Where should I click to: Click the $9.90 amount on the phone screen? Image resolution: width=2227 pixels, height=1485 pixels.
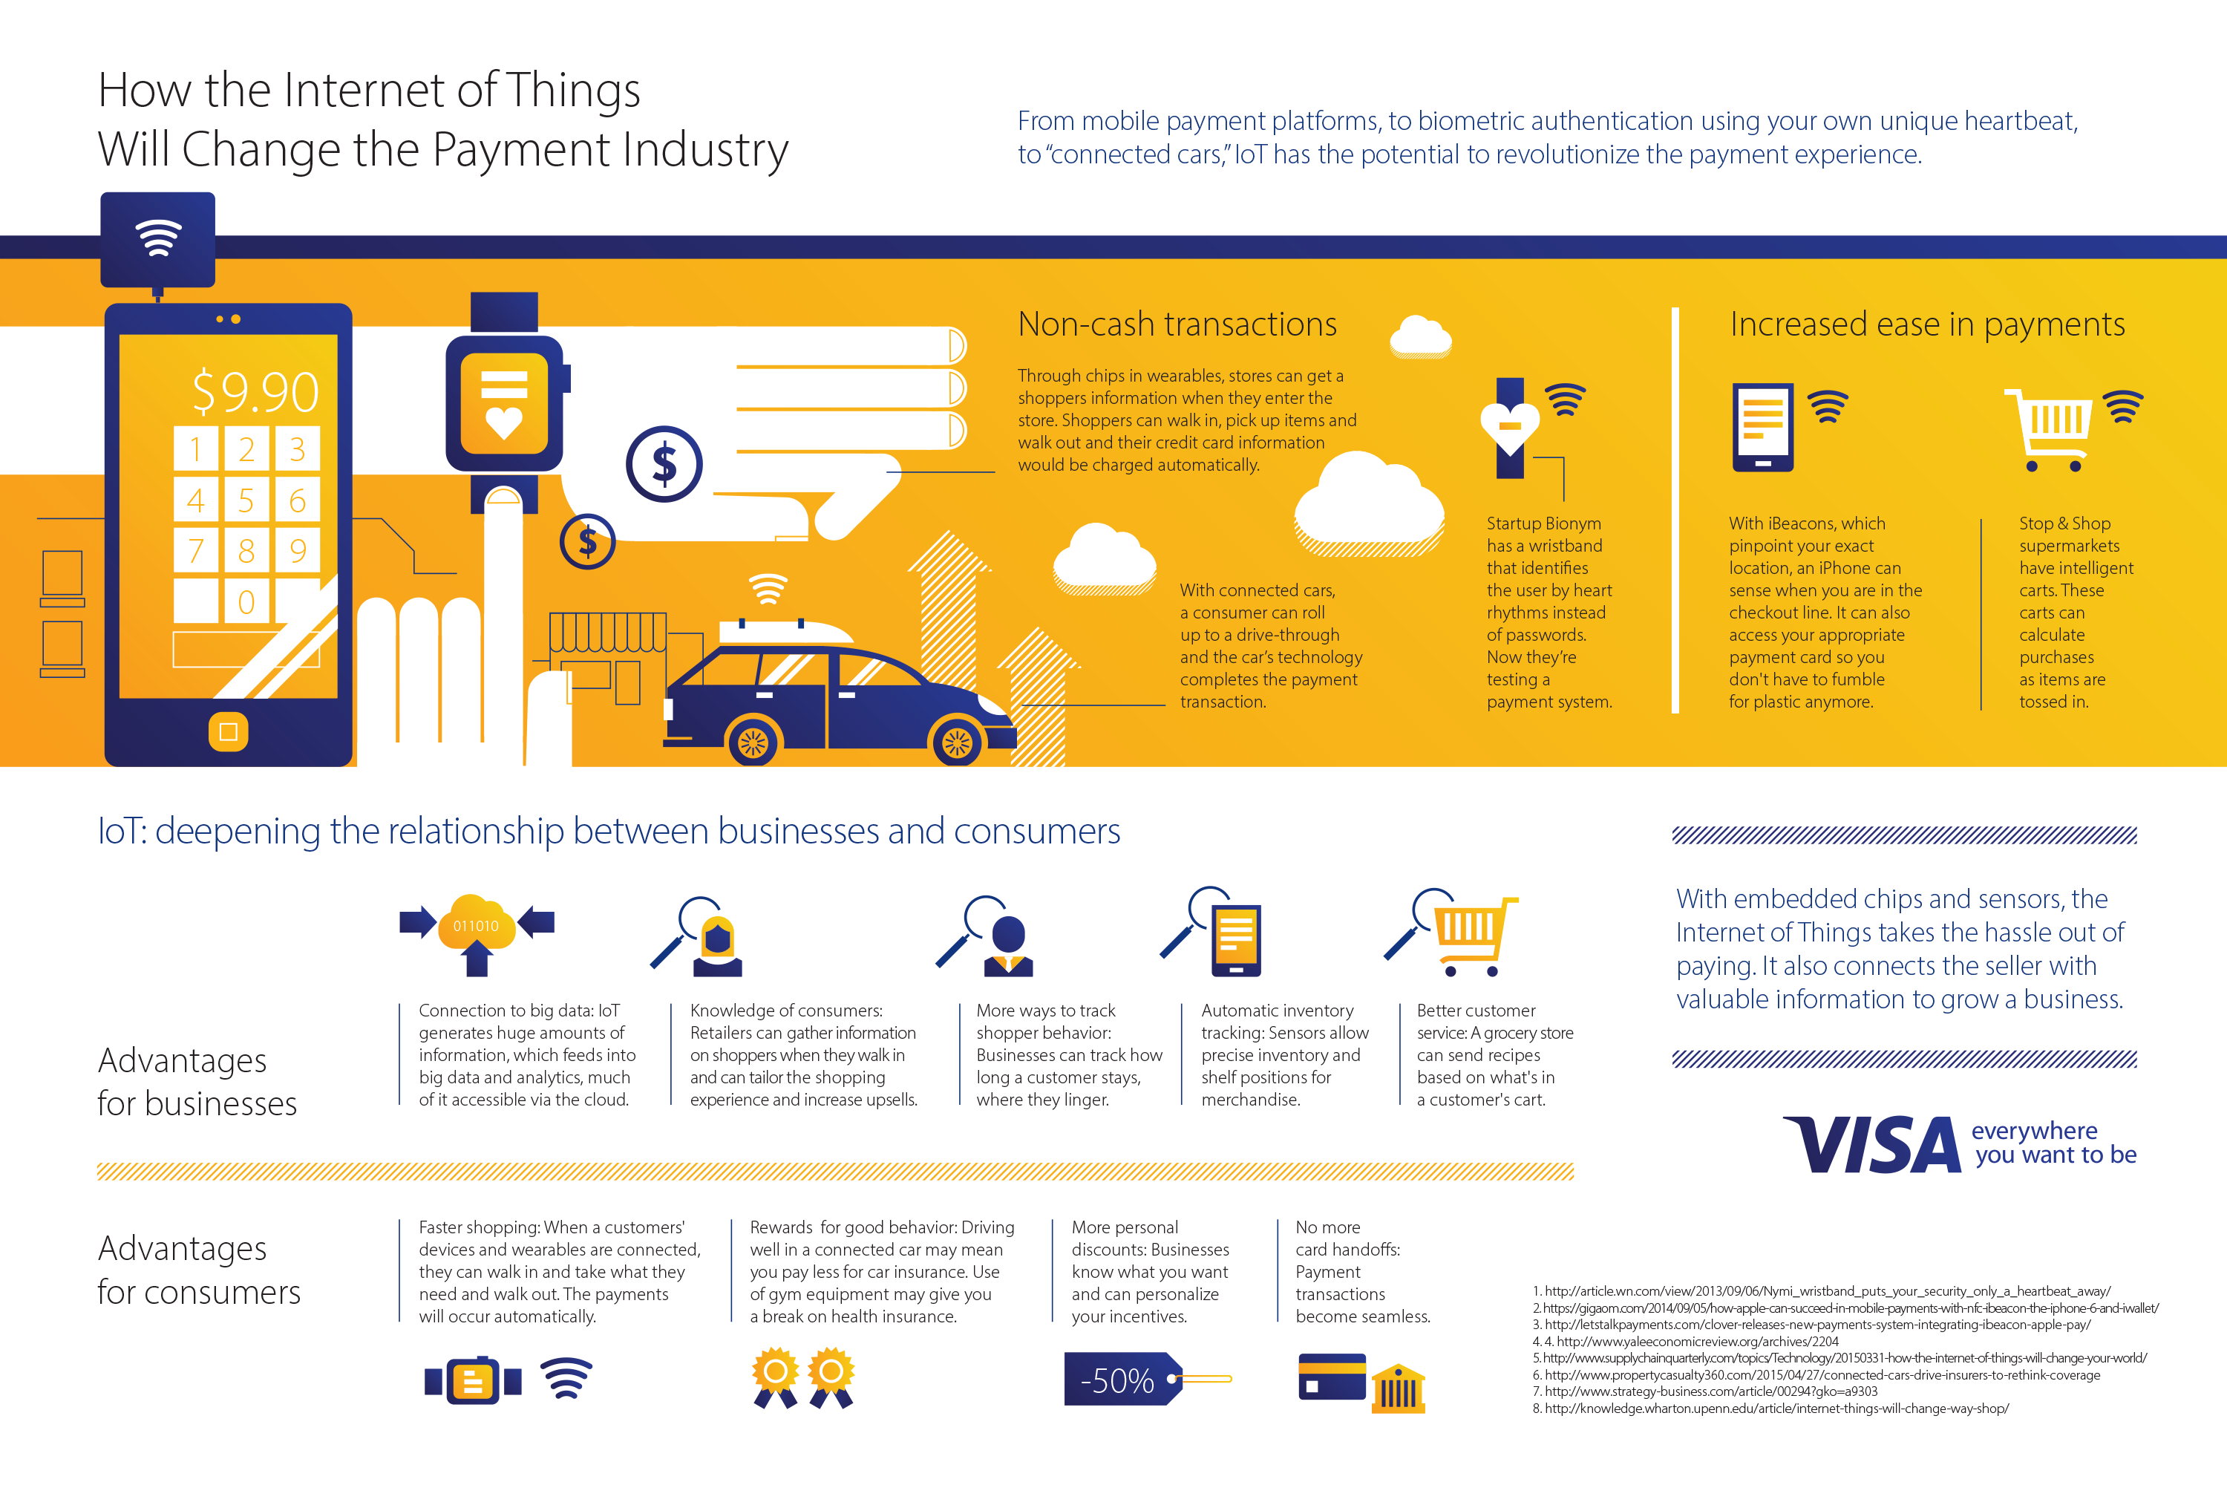(255, 391)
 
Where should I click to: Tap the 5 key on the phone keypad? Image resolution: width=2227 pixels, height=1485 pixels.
(246, 499)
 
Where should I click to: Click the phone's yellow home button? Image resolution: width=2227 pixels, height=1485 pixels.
(228, 731)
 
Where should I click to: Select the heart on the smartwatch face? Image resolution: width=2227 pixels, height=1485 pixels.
(504, 422)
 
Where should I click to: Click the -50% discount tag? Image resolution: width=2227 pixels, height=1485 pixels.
(1124, 1379)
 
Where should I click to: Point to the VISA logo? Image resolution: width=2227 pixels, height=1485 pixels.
(1872, 1144)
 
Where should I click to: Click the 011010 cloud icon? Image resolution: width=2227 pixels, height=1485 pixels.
(477, 922)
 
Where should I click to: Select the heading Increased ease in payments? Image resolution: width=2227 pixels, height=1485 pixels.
(1927, 325)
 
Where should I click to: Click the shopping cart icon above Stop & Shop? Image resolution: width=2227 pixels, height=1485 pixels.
(2048, 429)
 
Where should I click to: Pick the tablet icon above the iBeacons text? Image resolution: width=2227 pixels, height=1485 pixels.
(1762, 427)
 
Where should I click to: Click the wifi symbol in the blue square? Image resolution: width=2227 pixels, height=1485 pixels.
(158, 238)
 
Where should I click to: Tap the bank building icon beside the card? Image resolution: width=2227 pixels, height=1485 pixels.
(1398, 1388)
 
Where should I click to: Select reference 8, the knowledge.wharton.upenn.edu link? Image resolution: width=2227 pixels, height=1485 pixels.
(1770, 1409)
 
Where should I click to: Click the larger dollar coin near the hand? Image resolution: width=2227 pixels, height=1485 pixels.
(664, 464)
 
